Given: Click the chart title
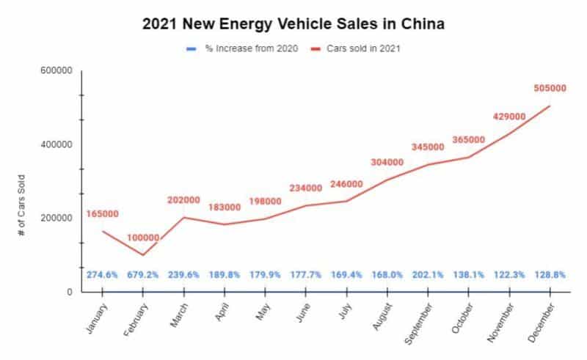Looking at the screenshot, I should pos(293,23).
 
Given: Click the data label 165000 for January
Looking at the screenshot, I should pos(102,213).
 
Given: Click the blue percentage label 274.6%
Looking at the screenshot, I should pos(102,274).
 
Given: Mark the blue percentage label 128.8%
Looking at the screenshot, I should pos(549,274).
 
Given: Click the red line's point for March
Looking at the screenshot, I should pos(183,217).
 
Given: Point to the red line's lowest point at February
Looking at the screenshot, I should pos(142,255).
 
